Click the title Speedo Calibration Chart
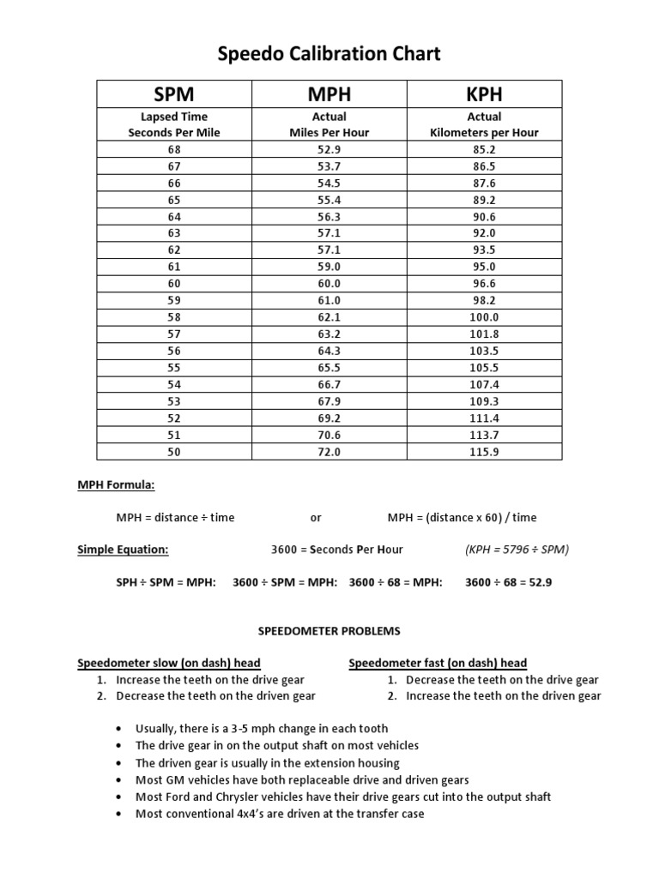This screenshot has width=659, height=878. tap(329, 54)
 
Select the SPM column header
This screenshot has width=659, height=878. tap(173, 93)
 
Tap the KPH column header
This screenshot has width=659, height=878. tap(484, 93)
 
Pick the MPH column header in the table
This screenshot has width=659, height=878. tap(329, 93)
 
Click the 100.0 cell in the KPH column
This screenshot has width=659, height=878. tap(484, 317)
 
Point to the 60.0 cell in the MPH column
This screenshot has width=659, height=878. tap(329, 284)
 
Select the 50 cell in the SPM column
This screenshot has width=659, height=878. tap(173, 452)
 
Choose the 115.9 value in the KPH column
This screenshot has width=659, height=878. tap(484, 452)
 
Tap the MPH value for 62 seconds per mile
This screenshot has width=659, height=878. tap(329, 250)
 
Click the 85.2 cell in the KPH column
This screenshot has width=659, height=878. tap(484, 149)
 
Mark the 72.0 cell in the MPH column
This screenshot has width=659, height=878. tap(329, 452)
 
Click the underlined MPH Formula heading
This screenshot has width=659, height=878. tap(117, 485)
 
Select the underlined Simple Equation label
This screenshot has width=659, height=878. tap(124, 549)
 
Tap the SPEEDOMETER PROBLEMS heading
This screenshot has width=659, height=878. tap(329, 631)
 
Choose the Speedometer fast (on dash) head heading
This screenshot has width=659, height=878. tap(438, 663)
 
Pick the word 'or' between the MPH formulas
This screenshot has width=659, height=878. tap(316, 517)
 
